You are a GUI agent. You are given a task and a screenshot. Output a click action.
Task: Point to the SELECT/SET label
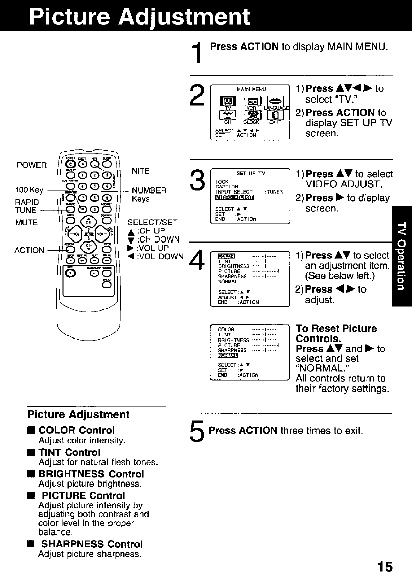point(152,222)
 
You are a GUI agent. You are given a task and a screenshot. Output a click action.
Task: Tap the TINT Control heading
point(69,452)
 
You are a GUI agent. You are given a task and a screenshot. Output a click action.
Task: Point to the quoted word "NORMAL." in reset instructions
point(321,368)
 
